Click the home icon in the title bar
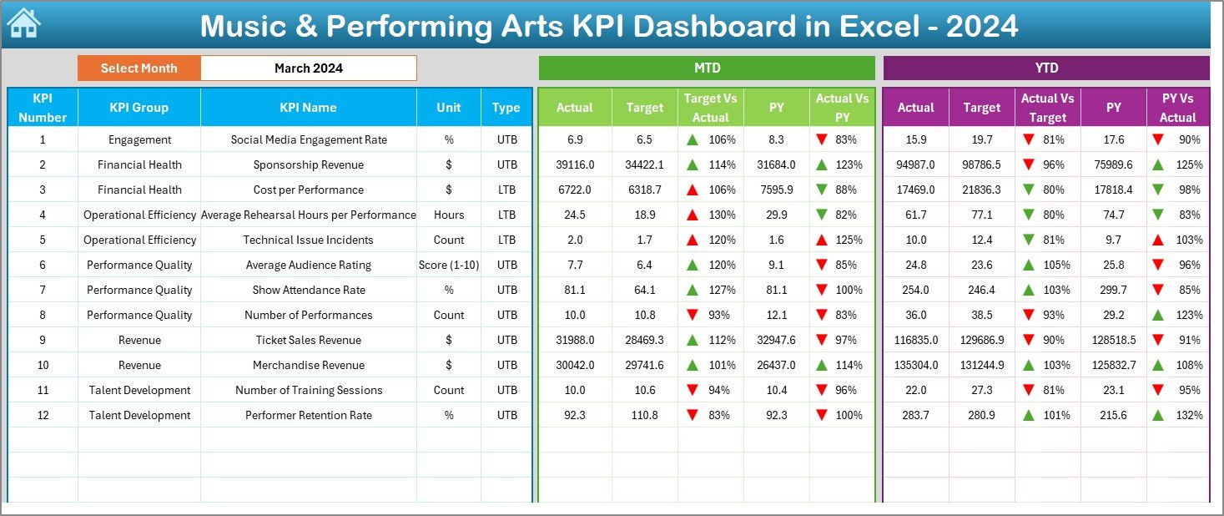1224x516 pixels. click(23, 23)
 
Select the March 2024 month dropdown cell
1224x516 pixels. click(308, 68)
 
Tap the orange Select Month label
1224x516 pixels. click(139, 68)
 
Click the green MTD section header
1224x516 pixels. click(706, 68)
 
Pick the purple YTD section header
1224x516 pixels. click(1045, 68)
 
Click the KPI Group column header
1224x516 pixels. click(139, 107)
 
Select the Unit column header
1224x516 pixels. click(448, 107)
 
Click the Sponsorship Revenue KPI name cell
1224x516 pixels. click(309, 164)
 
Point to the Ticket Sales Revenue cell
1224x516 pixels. click(309, 340)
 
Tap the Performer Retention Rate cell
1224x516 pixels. click(309, 415)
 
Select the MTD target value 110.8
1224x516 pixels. click(644, 415)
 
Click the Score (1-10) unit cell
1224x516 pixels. click(448, 265)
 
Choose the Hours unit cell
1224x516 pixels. click(448, 215)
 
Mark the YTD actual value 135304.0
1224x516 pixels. click(915, 365)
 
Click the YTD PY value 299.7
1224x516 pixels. click(1113, 290)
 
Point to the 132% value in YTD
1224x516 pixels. click(1189, 415)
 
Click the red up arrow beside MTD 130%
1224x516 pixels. click(692, 215)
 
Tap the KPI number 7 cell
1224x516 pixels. click(43, 290)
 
